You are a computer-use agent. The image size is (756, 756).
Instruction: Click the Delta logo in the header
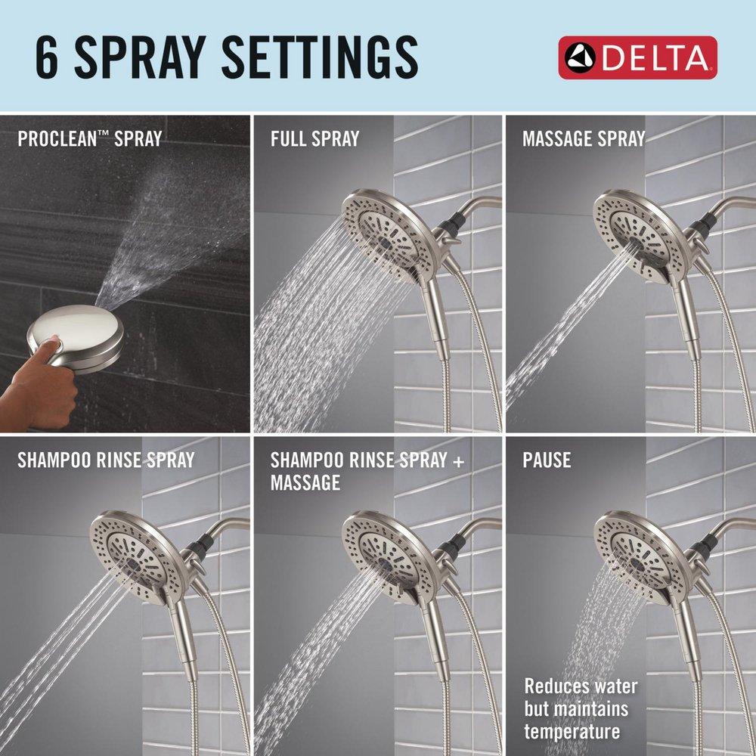click(637, 57)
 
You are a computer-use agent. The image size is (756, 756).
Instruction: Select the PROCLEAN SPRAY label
click(89, 139)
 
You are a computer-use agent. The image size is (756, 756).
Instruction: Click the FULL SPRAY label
click(314, 139)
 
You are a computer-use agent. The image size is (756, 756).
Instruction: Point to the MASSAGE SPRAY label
click(584, 139)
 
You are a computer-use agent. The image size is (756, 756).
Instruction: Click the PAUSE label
click(547, 460)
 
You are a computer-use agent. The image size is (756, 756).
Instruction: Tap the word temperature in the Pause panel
click(572, 731)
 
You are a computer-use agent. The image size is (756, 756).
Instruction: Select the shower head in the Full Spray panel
click(389, 234)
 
